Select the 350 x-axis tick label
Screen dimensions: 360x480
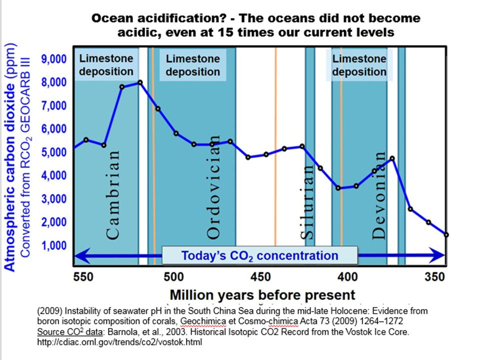[434, 276]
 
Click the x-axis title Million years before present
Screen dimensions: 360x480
[262, 294]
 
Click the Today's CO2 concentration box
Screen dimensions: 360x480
[259, 255]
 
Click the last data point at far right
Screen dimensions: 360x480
[445, 234]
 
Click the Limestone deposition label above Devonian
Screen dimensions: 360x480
[359, 65]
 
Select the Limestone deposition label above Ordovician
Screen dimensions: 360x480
[192, 65]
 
